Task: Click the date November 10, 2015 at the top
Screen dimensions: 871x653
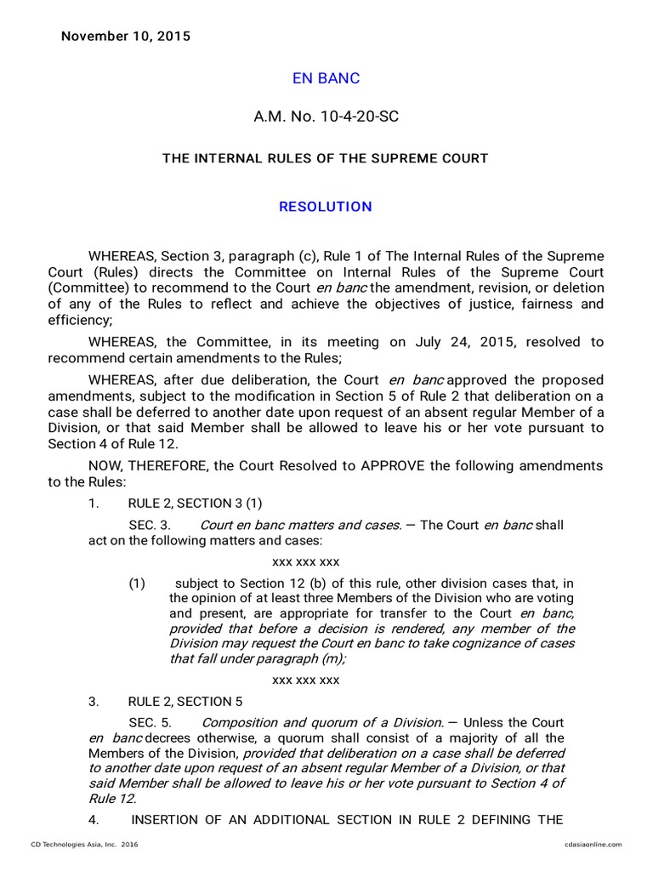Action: [125, 37]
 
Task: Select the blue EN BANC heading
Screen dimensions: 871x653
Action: [326, 78]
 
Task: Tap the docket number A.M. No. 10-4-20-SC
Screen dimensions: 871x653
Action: [326, 117]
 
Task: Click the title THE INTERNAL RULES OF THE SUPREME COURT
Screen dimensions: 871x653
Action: [326, 158]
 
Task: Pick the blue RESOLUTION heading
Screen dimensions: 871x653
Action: [326, 207]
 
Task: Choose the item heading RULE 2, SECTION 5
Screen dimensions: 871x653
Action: [185, 702]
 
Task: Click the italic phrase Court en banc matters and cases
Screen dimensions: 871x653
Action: [300, 526]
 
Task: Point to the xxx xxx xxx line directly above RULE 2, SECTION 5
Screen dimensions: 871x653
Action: [305, 680]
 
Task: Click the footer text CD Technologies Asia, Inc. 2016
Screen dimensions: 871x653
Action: [84, 844]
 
